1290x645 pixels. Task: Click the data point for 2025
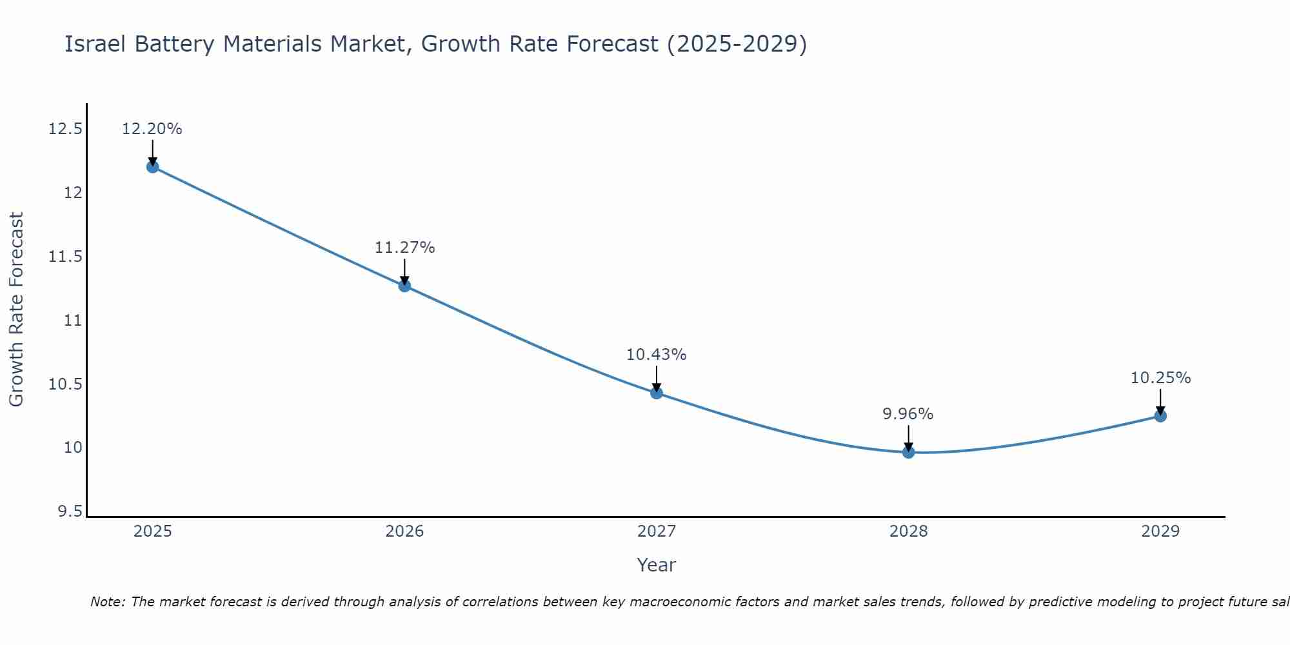(152, 167)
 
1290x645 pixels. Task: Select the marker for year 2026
(404, 286)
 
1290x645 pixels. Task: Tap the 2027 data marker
(657, 393)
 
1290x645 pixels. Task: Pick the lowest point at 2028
(908, 452)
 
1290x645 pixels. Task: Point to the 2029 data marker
(1160, 416)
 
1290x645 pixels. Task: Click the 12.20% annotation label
(152, 129)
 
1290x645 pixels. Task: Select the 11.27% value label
(404, 248)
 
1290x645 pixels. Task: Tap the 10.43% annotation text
(657, 355)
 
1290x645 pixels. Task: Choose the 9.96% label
(908, 414)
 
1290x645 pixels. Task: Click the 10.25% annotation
(1160, 378)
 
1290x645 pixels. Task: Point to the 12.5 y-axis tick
(66, 130)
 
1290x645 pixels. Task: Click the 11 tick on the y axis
(74, 321)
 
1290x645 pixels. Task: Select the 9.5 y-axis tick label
(70, 511)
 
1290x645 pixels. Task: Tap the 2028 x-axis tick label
(908, 531)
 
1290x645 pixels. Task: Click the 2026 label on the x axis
(404, 531)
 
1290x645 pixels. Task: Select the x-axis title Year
(656, 565)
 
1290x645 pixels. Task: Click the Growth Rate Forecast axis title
(16, 309)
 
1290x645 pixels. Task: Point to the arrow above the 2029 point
(1160, 401)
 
